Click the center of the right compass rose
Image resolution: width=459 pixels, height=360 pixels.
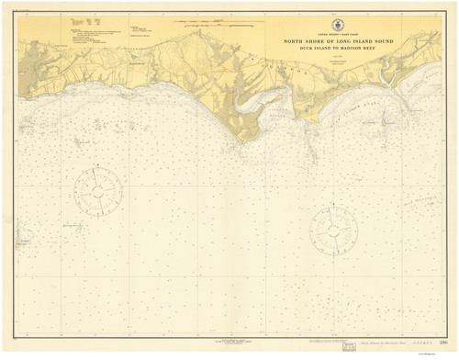click(x=333, y=231)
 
